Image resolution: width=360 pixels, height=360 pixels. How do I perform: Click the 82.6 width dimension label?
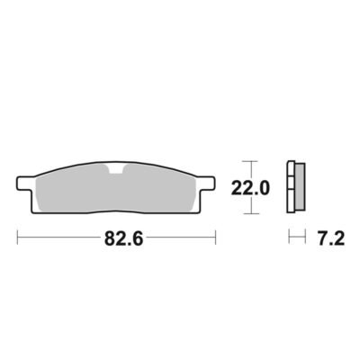pos(124,239)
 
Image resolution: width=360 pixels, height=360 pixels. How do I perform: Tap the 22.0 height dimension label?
pos(250,188)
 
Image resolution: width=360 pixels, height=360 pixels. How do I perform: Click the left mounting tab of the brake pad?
pos(25,184)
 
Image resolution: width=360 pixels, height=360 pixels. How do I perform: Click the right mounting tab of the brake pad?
pos(206,184)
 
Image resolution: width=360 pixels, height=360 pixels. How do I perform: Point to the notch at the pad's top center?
pos(116,169)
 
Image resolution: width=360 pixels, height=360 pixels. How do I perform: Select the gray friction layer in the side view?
pos(300,186)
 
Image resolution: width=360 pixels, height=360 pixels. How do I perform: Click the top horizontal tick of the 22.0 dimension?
pos(250,161)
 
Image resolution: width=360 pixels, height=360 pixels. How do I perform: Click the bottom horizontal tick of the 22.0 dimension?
pos(250,214)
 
